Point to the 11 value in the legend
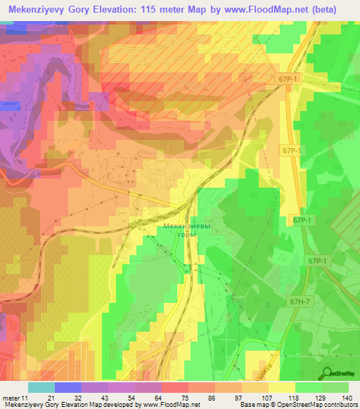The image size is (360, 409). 25,398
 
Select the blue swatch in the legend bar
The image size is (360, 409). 67,387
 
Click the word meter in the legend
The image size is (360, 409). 11,398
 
